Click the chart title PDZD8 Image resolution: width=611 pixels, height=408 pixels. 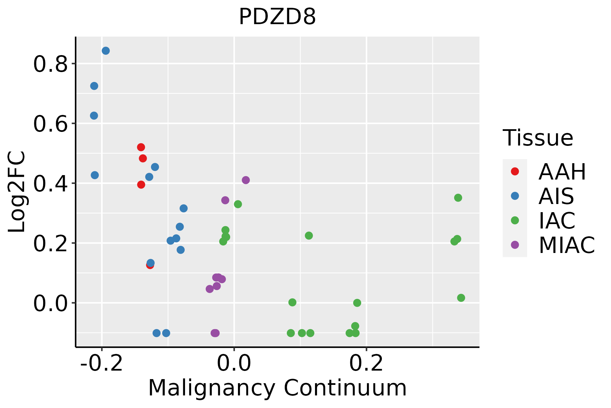(x=277, y=17)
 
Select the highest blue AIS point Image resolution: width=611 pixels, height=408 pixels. (x=106, y=51)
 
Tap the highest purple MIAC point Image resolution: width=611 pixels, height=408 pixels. (x=246, y=180)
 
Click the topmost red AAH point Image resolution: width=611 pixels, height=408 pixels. (x=141, y=147)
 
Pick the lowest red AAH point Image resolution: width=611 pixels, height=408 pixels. (x=150, y=265)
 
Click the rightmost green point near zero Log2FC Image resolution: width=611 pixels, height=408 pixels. (x=461, y=298)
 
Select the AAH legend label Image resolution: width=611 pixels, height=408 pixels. (x=562, y=172)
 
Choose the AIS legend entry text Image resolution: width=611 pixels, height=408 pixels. (x=556, y=196)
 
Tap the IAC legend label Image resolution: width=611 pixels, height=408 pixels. (x=557, y=221)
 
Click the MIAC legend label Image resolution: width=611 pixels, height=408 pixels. (x=567, y=245)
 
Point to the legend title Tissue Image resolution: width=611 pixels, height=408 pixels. (x=538, y=138)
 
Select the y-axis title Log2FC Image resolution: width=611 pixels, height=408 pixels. (x=17, y=192)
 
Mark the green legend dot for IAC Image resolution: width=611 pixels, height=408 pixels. (x=515, y=220)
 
